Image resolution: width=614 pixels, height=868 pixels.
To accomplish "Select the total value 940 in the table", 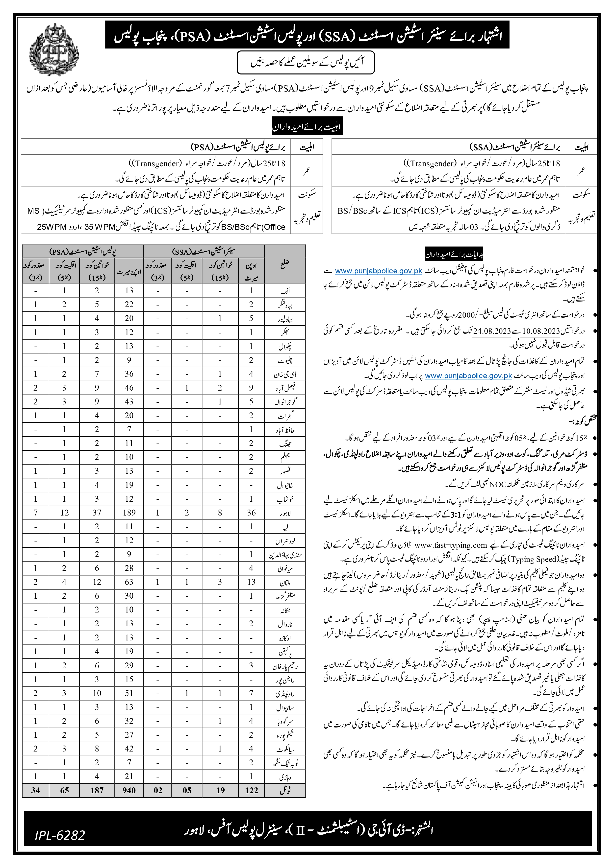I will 129,790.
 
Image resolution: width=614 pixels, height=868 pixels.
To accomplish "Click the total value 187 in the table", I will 97,790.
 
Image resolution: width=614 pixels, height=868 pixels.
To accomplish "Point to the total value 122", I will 251,790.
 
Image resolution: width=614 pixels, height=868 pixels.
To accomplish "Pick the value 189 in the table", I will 129,513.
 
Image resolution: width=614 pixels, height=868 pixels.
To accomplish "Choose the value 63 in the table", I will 129,582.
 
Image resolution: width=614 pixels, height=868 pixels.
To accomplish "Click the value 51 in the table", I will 129,693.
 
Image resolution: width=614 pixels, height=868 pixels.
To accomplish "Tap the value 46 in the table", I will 129,388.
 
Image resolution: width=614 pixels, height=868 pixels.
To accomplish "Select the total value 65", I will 64,790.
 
